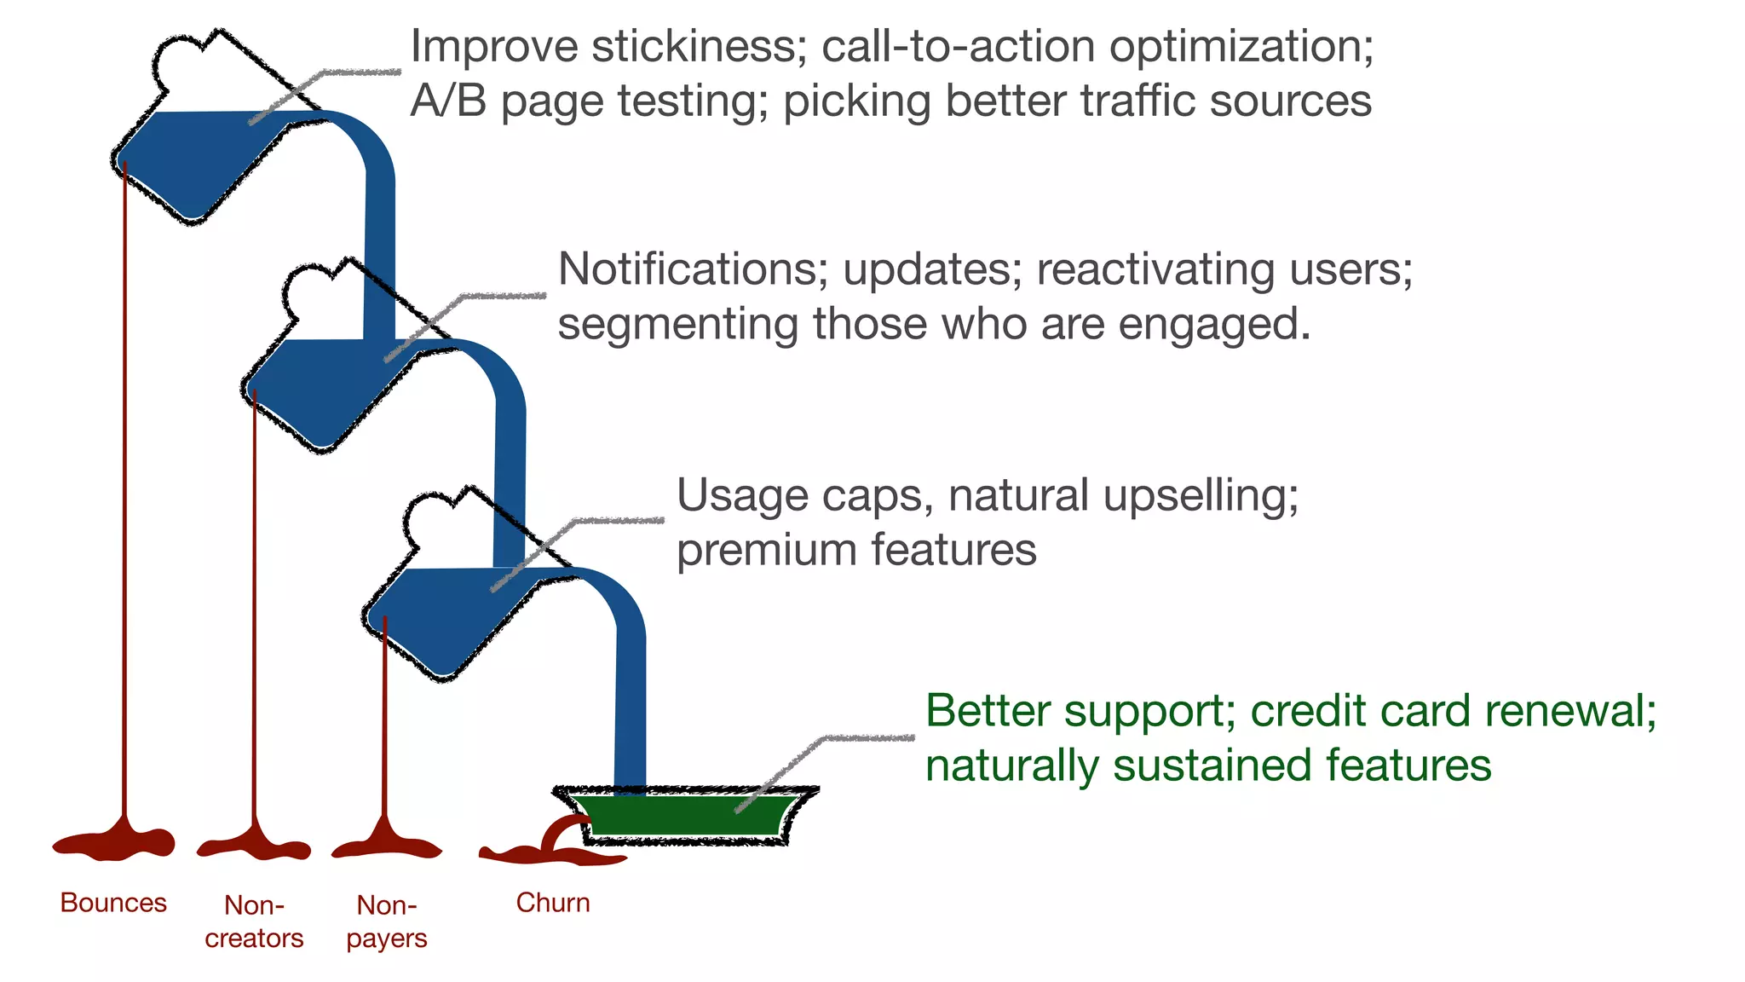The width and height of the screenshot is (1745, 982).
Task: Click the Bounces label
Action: pyautogui.click(x=113, y=903)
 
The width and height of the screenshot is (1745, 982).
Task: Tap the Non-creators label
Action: pyautogui.click(x=254, y=921)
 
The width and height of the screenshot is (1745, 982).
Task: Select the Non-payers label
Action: pyautogui.click(x=387, y=921)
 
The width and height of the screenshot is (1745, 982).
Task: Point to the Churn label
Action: pyautogui.click(x=553, y=903)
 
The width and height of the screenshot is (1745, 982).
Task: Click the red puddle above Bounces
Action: pyautogui.click(x=115, y=843)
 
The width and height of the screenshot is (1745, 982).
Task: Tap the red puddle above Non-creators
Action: pyautogui.click(x=254, y=846)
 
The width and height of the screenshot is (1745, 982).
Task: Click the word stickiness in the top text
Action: pyautogui.click(x=699, y=46)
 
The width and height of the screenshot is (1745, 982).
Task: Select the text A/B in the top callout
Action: pyautogui.click(x=448, y=101)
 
